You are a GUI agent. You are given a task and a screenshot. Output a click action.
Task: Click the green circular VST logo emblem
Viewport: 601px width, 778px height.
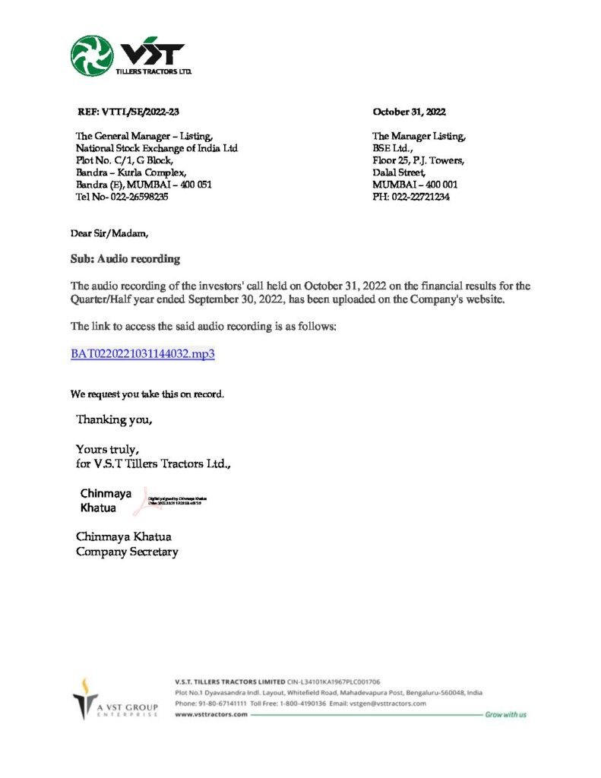tap(92, 56)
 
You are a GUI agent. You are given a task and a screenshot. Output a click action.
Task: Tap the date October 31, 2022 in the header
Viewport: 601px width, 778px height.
tap(409, 112)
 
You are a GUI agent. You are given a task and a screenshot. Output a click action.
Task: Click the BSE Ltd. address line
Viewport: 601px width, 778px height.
tap(393, 148)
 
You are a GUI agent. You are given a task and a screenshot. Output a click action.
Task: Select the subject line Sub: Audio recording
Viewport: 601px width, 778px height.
tap(125, 259)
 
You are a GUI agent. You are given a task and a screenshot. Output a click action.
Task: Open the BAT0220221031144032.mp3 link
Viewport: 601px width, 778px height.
tap(143, 354)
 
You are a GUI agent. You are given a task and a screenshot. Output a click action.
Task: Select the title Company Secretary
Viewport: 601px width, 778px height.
tap(127, 552)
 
